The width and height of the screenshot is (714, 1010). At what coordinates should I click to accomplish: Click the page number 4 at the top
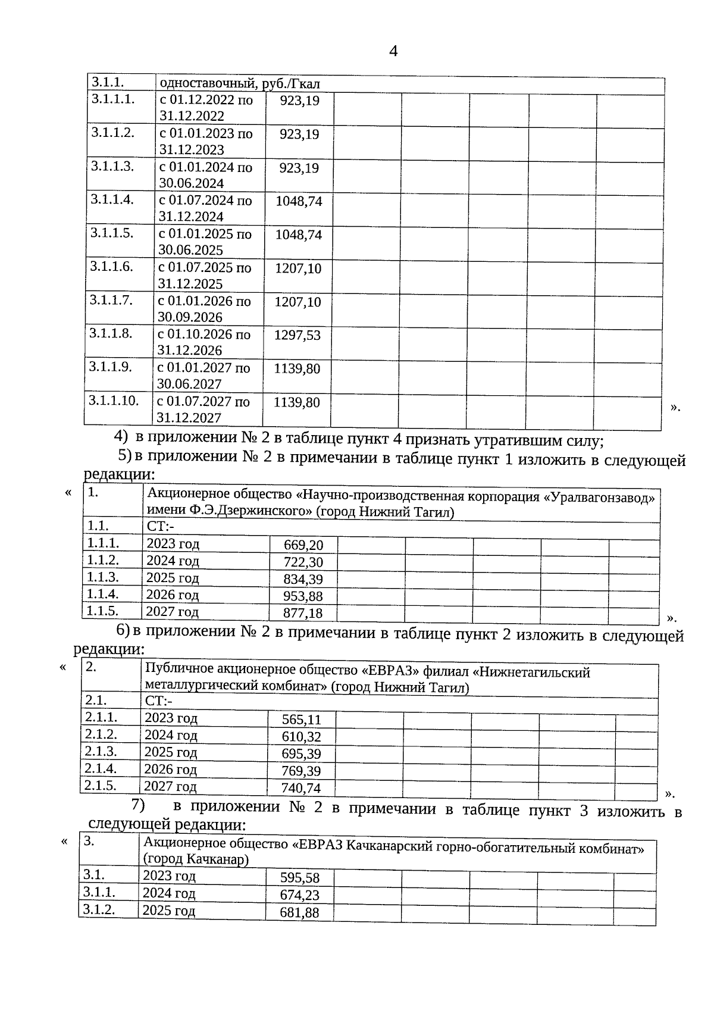(393, 51)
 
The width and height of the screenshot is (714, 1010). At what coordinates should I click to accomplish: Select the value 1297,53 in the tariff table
(297, 335)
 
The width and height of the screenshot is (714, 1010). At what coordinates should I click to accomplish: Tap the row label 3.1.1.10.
(114, 400)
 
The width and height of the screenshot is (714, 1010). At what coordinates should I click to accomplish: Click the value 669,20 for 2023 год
(303, 545)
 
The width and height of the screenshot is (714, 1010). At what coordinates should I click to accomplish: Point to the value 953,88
(303, 596)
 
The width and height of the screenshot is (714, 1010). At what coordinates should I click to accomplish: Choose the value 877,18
(303, 613)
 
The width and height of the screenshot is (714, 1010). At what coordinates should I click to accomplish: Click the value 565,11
(302, 720)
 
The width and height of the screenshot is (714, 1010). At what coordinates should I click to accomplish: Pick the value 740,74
(302, 788)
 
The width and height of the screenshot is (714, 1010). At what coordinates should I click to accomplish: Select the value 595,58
(300, 878)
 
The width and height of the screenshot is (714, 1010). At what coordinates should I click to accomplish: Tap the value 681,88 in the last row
(300, 912)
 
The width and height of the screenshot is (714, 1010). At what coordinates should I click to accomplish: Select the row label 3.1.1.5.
(112, 233)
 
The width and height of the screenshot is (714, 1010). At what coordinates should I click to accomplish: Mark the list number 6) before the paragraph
(123, 629)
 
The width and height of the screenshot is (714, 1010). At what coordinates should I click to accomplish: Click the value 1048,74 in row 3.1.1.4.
(299, 201)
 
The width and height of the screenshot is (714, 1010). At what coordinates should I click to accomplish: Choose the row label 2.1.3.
(101, 751)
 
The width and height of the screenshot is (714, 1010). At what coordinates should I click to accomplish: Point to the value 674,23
(300, 895)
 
